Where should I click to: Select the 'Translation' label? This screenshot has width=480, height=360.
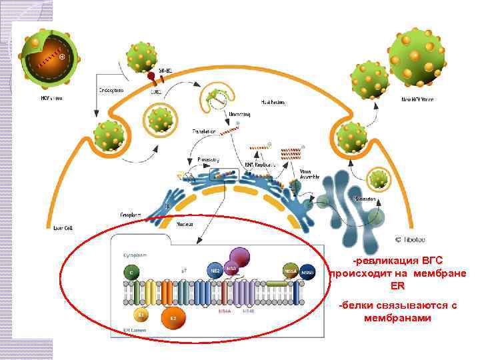click(204, 131)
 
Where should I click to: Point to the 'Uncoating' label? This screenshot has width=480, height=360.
click(239, 115)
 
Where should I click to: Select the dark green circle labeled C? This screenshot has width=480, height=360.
click(130, 272)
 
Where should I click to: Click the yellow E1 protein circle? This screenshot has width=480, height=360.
click(141, 312)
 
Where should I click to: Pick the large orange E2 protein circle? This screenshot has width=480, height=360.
click(173, 318)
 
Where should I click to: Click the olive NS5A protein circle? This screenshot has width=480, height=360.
click(290, 271)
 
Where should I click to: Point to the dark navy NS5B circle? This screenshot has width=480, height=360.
click(307, 271)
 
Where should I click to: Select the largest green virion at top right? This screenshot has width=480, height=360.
click(417, 59)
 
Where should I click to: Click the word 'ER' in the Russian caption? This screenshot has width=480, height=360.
click(398, 285)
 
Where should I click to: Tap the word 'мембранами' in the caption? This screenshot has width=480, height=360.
click(397, 318)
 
